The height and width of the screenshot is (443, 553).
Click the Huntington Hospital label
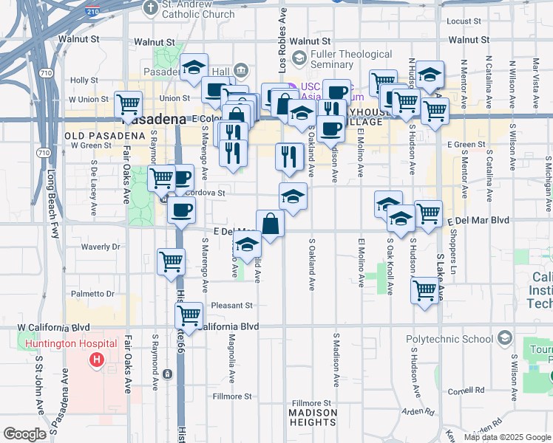tap(71, 343)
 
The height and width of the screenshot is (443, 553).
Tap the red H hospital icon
tap(95, 360)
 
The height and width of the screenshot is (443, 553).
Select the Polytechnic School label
tap(449, 340)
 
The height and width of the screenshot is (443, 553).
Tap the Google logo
tap(25, 434)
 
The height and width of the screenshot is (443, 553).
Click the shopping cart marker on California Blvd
tap(189, 315)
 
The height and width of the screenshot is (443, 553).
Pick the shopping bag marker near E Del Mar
tap(271, 224)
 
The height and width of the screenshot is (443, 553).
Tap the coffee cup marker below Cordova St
tap(181, 210)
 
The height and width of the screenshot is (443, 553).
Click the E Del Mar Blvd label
tap(478, 220)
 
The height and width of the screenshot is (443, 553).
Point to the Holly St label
tap(84, 80)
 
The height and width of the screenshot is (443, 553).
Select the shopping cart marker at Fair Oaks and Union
tap(129, 105)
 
